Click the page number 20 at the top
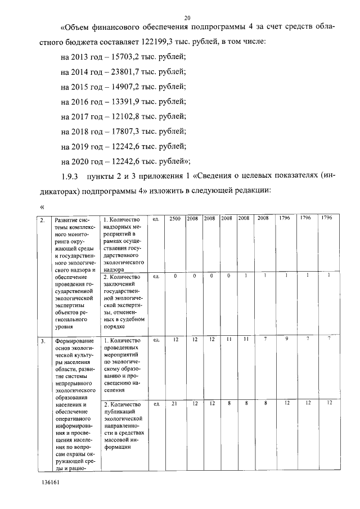(187, 17)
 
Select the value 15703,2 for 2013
(127, 58)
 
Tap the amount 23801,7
(127, 72)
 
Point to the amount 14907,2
(127, 87)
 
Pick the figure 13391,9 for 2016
(127, 102)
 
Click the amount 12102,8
(127, 116)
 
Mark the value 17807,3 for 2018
(127, 131)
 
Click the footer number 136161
(50, 483)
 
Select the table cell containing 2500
(175, 218)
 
